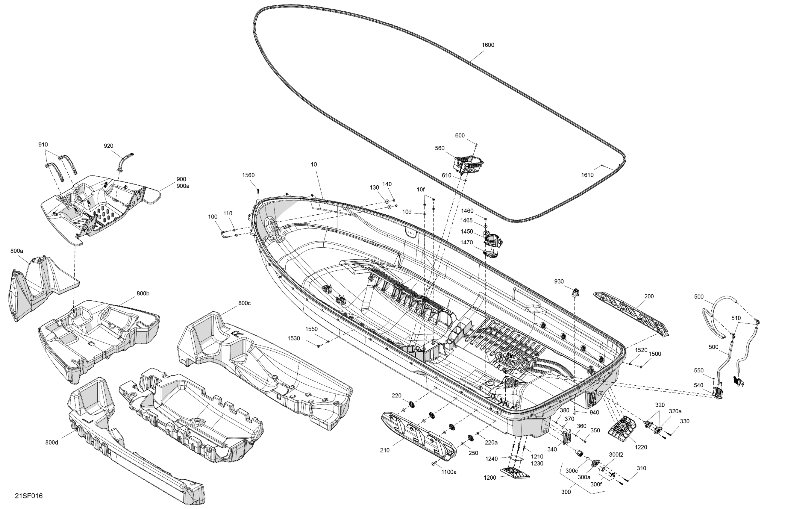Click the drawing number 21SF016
[x=29, y=496]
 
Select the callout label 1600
[x=488, y=45]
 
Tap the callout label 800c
[x=244, y=303]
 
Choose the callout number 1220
[x=640, y=447]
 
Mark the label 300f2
[x=616, y=455]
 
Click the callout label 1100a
[x=449, y=472]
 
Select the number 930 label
[x=559, y=281]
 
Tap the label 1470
[x=467, y=243]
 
